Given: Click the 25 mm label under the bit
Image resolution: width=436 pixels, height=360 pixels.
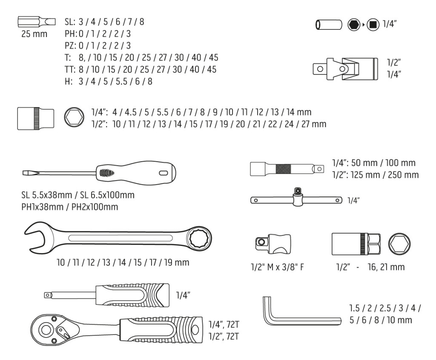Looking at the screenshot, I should [x=34, y=34].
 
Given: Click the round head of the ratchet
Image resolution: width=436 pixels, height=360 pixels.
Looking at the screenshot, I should [x=46, y=329].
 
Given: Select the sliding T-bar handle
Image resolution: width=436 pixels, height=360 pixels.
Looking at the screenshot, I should [x=296, y=199].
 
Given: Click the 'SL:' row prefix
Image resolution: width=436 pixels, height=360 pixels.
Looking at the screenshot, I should [x=70, y=22].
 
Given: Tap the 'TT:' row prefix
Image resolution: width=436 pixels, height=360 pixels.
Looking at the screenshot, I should [x=70, y=69].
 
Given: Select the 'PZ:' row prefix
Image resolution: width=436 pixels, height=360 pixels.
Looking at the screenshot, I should [x=70, y=46].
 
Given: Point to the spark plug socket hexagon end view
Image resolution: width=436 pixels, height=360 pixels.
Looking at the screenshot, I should [x=399, y=244].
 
